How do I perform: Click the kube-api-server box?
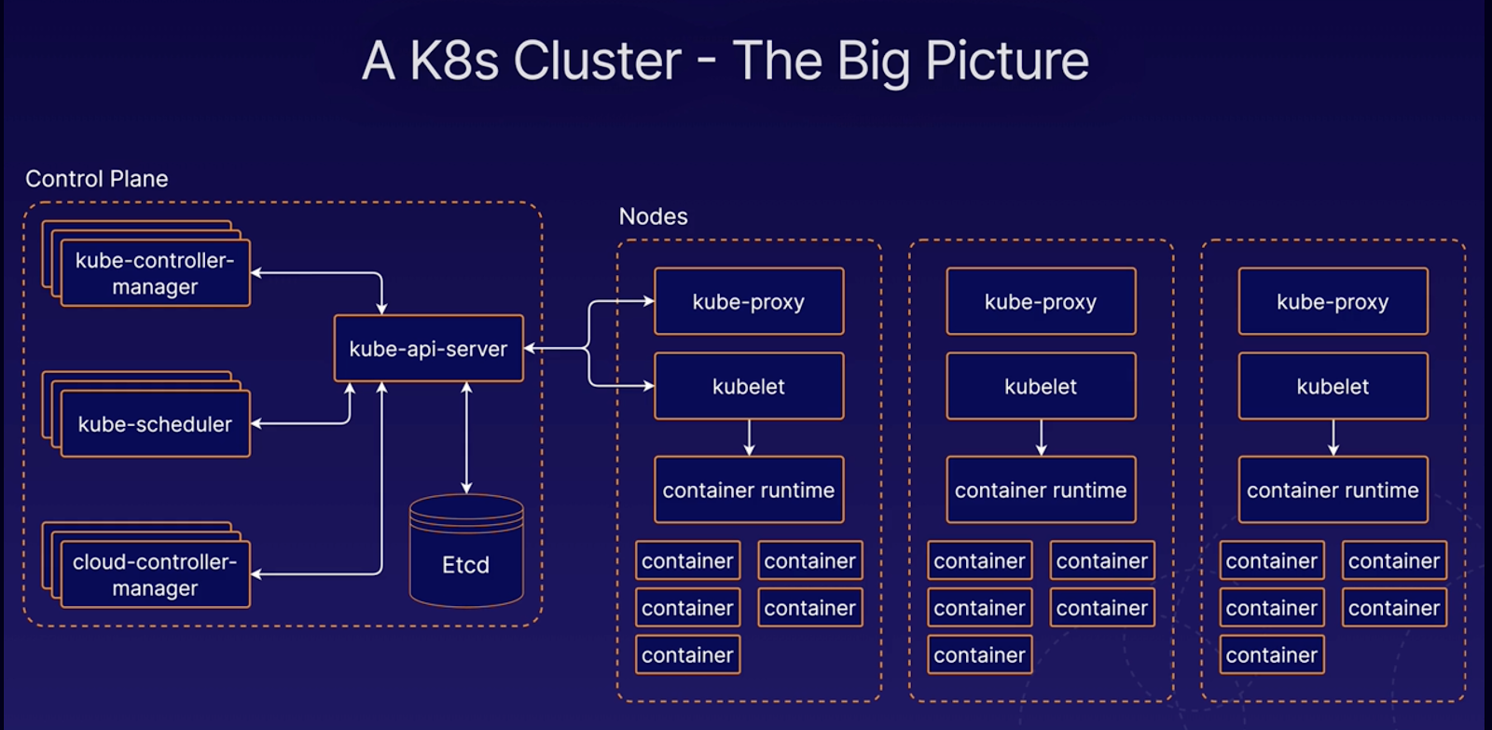(428, 349)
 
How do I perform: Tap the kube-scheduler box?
(155, 424)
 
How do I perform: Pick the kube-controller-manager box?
(155, 273)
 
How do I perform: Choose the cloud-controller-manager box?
(155, 574)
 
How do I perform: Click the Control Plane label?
(97, 179)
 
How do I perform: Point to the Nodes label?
(653, 216)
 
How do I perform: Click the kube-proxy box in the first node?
(749, 301)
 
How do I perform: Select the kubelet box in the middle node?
(1041, 386)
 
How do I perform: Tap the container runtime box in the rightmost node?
(1333, 489)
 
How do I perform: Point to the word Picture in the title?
(1007, 62)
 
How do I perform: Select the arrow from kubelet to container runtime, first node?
(749, 437)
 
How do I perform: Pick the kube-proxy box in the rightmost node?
(1333, 301)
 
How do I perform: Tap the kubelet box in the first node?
(749, 386)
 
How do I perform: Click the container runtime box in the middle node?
(1041, 489)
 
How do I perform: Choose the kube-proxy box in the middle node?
(1041, 301)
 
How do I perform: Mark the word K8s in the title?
(454, 62)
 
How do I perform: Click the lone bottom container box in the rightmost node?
(1271, 654)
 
